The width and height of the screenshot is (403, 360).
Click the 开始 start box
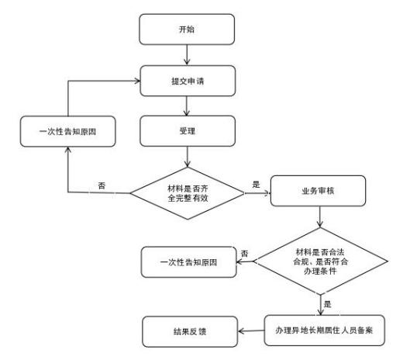point(187,29)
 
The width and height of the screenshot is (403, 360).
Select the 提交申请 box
point(188,81)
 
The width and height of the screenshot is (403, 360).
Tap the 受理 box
point(188,131)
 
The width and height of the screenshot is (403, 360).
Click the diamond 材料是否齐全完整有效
point(188,193)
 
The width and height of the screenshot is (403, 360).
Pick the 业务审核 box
point(318,191)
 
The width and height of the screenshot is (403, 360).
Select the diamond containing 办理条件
point(320,261)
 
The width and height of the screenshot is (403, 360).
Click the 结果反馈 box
point(190,331)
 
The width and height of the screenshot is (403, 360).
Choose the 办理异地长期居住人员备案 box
point(325,331)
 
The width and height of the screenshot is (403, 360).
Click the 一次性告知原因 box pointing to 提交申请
point(68,131)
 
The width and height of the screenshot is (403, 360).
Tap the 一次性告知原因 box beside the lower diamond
point(188,262)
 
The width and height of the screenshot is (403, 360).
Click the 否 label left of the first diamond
point(102,185)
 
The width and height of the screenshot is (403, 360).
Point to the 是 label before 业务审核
point(256,185)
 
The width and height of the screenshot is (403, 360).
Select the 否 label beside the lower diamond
point(244,254)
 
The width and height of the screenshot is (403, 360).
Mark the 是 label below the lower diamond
point(328,304)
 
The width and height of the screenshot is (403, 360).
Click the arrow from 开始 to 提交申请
point(187,55)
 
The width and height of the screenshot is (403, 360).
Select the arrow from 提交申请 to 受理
point(187,106)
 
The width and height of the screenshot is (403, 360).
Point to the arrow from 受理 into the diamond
point(188,157)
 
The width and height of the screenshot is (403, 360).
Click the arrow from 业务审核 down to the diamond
point(320,216)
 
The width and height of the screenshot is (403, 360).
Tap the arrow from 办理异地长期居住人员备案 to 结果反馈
point(251,331)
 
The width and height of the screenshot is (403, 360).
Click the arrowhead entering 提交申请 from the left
point(137,81)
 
